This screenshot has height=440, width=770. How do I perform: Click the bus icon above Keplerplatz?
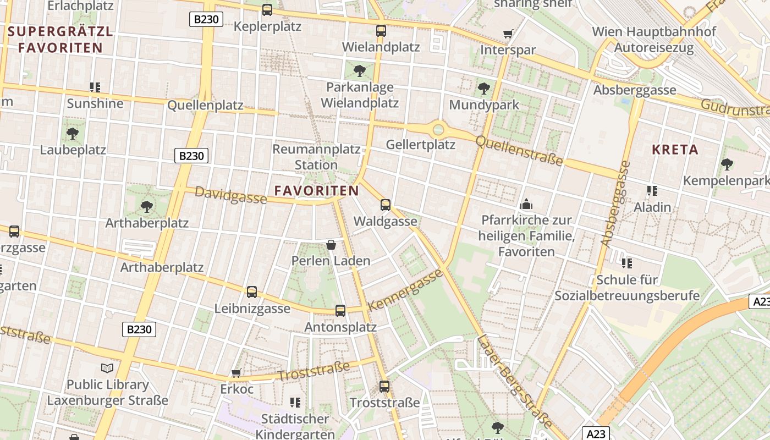[x=267, y=9]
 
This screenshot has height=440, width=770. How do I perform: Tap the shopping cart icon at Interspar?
[x=508, y=34]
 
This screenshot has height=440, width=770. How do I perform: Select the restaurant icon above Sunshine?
[x=95, y=87]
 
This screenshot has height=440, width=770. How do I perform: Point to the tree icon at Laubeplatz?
[x=72, y=133]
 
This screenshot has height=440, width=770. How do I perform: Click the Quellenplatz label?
[x=205, y=105]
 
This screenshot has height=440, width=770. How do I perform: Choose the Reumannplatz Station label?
[x=316, y=157]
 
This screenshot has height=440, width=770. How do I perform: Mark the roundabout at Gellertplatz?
[x=438, y=130]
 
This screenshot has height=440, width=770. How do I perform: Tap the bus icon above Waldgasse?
[x=386, y=205]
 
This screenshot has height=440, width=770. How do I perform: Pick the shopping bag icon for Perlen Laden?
[x=331, y=245]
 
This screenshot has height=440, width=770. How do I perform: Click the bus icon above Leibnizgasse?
[x=252, y=292]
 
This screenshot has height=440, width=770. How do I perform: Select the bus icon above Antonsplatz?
[x=340, y=311]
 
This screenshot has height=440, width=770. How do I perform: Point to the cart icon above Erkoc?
[x=237, y=373]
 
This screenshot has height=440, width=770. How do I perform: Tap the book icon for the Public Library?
[x=107, y=368]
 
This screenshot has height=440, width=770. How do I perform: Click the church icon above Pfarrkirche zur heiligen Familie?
[x=526, y=204]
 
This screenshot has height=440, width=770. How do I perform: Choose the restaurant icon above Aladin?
[x=652, y=191]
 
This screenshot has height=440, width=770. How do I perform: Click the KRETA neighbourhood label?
[x=675, y=150]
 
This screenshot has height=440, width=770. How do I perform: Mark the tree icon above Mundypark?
[x=484, y=88]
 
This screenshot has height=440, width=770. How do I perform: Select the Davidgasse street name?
[x=230, y=195]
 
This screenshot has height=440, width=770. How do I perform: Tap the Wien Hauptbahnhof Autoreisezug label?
[x=654, y=40]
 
